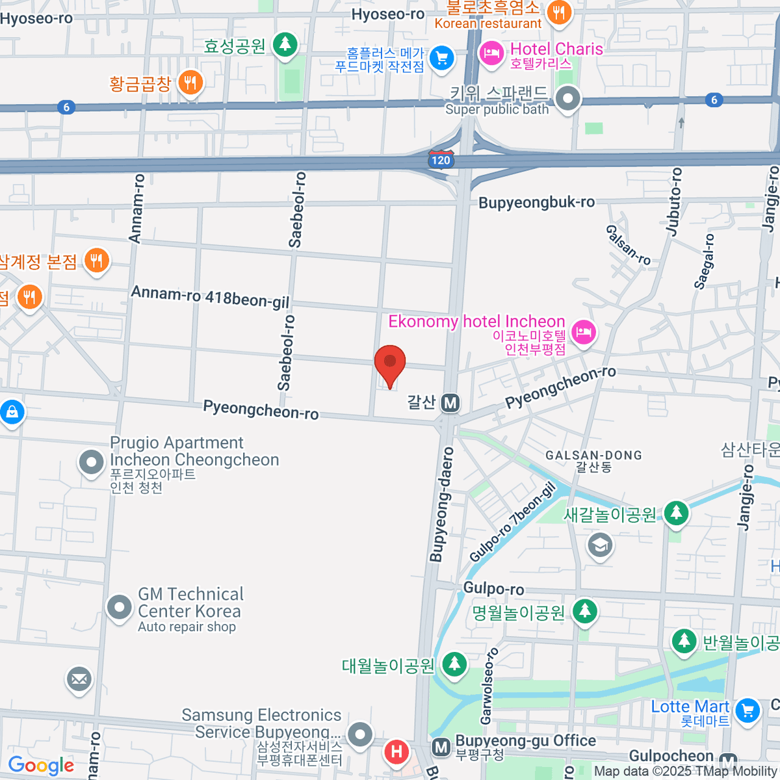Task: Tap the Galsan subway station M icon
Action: pos(450,403)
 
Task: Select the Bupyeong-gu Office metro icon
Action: pos(441,747)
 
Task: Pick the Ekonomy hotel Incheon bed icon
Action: pos(584,333)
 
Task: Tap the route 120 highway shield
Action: pos(441,160)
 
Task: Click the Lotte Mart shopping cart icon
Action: pos(747,710)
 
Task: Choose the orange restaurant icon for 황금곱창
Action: pos(190,83)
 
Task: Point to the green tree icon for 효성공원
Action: pos(285,45)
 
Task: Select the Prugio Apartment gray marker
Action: pos(91,463)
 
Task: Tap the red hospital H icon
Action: pos(396,753)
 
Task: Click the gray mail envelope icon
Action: pos(79,680)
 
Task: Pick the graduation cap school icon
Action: pos(600,545)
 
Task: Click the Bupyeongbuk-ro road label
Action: pos(536,203)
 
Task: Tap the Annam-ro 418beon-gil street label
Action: pos(210,297)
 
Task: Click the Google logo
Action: pos(41,766)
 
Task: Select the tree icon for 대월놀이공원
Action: pos(454,664)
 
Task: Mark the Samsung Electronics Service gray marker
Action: pos(359,735)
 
